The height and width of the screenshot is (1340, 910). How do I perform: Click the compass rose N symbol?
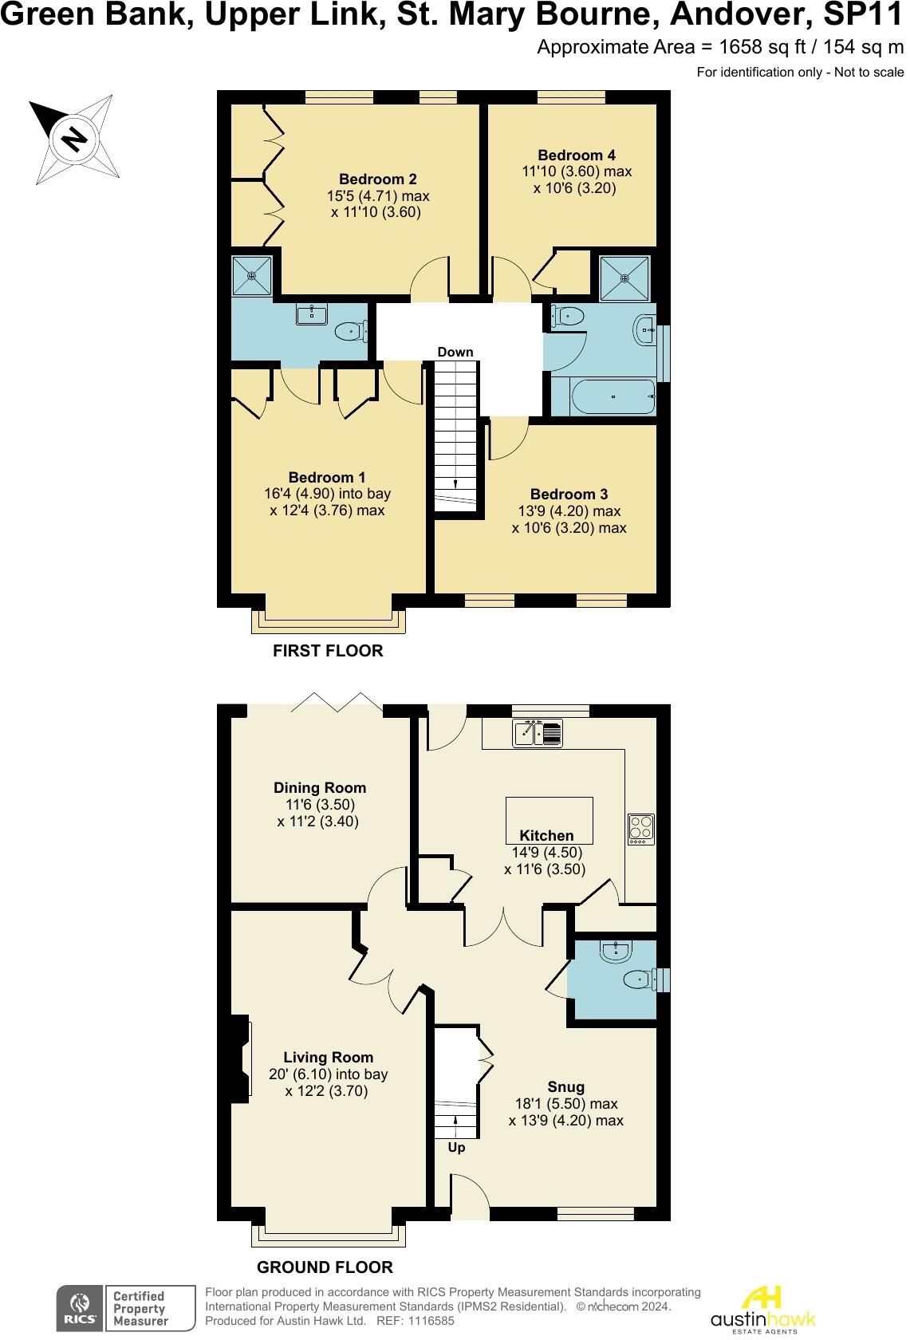(x=75, y=139)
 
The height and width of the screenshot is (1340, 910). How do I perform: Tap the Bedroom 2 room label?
(x=377, y=179)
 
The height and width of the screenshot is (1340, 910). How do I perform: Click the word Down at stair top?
(x=455, y=352)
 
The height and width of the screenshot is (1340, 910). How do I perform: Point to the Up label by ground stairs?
(x=456, y=1148)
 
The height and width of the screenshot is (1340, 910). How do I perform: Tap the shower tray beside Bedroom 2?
(x=252, y=276)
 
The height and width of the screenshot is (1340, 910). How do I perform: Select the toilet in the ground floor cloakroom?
(x=639, y=979)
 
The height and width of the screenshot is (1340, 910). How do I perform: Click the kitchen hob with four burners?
(x=641, y=829)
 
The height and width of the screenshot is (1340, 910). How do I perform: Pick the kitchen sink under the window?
(x=538, y=732)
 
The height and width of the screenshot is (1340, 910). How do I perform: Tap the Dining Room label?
(x=320, y=787)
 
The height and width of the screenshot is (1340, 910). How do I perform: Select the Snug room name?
(x=565, y=1086)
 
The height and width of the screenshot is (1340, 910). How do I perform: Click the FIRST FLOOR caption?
(x=328, y=651)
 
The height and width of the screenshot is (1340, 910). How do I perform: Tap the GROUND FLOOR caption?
(x=325, y=1267)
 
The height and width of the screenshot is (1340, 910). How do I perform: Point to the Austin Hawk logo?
(x=762, y=1308)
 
